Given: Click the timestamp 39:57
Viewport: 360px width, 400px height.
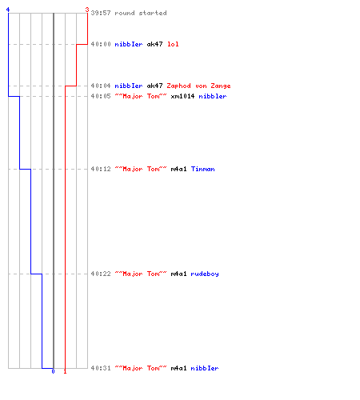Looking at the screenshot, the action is [101, 13].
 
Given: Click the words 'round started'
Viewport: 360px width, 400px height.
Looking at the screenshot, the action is [141, 13].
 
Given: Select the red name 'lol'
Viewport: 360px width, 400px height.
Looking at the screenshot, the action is [173, 44].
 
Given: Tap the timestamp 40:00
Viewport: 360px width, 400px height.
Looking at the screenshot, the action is [101, 44].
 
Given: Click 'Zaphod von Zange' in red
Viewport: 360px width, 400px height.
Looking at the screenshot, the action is [198, 86].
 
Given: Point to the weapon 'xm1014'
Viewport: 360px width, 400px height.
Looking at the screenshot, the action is [182, 96].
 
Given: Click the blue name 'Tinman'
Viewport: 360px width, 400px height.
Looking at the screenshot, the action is [203, 169].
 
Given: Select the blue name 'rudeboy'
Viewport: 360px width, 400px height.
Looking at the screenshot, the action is [205, 274].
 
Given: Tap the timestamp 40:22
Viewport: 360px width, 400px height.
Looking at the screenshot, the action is [101, 274].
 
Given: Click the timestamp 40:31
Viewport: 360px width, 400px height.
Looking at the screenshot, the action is [101, 368].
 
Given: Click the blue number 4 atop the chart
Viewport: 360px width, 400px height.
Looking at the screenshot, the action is [8, 10].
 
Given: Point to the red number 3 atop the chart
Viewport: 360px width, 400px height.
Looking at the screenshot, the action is [87, 10].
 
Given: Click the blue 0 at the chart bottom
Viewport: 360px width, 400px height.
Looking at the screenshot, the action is [53, 371].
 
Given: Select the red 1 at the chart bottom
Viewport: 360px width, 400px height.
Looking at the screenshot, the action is [65, 371].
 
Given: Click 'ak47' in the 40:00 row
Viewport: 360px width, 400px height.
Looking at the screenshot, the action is [154, 44].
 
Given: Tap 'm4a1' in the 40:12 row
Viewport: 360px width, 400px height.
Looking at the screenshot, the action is [178, 169].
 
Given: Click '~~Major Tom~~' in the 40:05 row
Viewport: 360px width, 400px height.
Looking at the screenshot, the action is [141, 96].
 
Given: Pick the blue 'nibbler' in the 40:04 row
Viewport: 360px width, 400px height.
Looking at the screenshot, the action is [129, 86].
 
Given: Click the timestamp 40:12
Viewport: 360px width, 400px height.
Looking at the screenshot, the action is [101, 169].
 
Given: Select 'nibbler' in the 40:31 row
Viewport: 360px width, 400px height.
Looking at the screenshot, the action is [205, 368].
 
